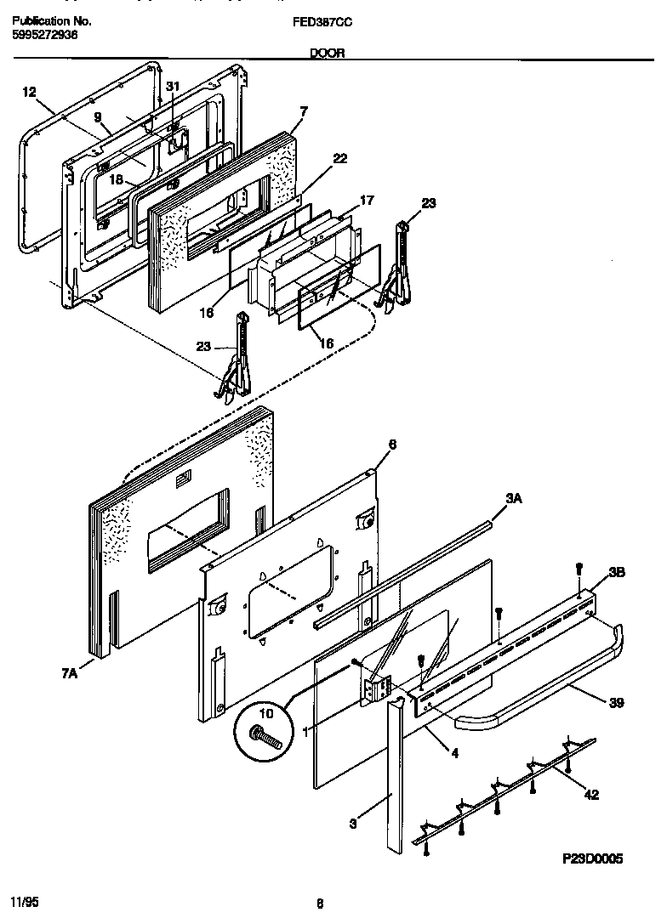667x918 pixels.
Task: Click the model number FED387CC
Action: (328, 20)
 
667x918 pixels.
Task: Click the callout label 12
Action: (29, 93)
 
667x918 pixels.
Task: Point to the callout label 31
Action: (173, 87)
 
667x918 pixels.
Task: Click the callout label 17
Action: (367, 201)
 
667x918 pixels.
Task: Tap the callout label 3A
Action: (513, 501)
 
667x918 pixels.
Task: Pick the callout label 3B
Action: (617, 574)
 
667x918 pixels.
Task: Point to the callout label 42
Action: (591, 795)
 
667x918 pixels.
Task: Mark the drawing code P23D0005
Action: (593, 859)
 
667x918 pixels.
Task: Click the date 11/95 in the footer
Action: (23, 899)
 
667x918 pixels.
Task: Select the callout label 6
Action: (392, 444)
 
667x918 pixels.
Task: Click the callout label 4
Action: (454, 751)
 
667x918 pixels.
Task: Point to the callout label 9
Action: (97, 116)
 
